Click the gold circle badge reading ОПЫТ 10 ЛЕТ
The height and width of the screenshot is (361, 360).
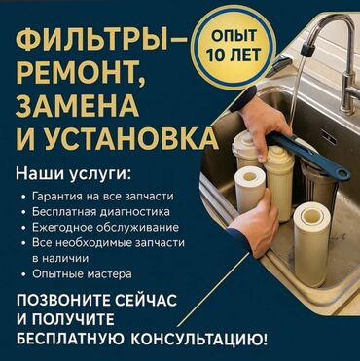[234, 46]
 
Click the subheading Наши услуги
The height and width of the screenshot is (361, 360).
[74, 175]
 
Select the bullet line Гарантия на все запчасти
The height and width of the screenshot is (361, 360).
[102, 197]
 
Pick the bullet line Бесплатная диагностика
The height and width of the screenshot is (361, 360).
[101, 212]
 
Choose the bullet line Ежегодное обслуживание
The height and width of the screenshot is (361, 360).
[105, 228]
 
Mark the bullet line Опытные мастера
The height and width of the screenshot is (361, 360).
[82, 274]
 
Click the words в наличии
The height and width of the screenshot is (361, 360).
[60, 259]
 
